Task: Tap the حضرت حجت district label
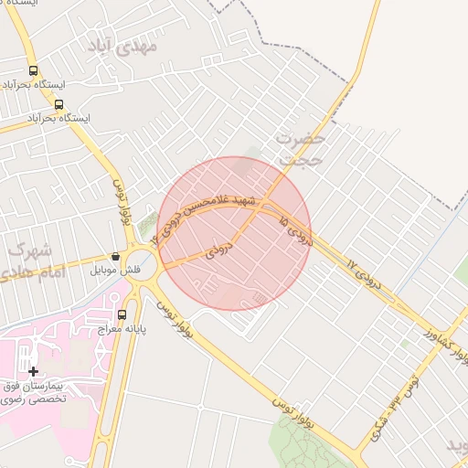(x=301, y=149)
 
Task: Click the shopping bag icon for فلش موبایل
(x=115, y=257)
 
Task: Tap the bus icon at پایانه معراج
(x=122, y=315)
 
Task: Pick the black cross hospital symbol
(x=34, y=371)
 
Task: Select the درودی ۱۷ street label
(x=361, y=270)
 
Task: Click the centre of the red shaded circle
(x=236, y=233)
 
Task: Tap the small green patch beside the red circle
(x=149, y=222)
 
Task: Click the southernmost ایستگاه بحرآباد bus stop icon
(x=59, y=104)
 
